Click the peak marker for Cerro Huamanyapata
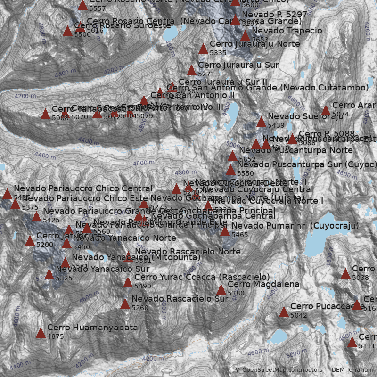[41, 333]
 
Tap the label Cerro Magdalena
[263, 284]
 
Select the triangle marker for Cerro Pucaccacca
[284, 311]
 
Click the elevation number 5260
[140, 308]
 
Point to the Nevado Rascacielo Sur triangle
[125, 304]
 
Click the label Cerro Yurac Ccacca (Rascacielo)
[202, 277]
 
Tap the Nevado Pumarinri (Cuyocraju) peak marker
[225, 231]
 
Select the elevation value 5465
[239, 235]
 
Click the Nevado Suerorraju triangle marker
[261, 122]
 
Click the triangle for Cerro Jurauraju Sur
[191, 71]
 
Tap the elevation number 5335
[218, 53]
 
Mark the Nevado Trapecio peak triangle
[245, 36]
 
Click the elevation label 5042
[299, 315]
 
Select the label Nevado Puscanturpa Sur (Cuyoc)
[307, 164]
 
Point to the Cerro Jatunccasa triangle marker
[30, 241]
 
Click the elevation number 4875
[56, 336]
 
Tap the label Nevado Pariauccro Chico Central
[83, 189]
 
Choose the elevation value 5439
[276, 125]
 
